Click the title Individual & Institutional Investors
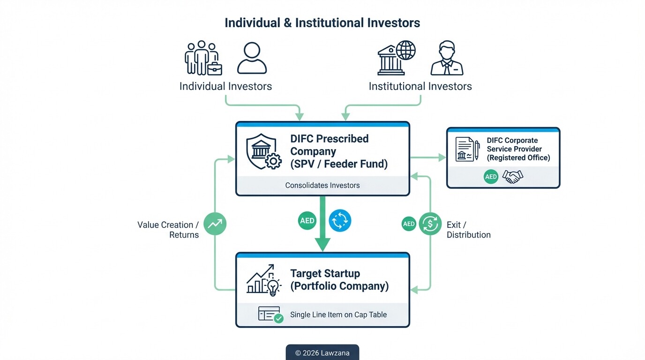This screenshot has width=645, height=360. pyautogui.click(x=322, y=23)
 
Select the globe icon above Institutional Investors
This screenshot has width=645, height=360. pyautogui.click(x=405, y=50)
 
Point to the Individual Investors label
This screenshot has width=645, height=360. pyautogui.click(x=225, y=86)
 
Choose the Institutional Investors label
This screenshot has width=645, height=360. pyautogui.click(x=420, y=86)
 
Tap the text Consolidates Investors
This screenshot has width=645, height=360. pyautogui.click(x=322, y=185)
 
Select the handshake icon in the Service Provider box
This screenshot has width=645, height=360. pyautogui.click(x=512, y=177)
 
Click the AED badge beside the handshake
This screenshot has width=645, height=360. pyautogui.click(x=491, y=177)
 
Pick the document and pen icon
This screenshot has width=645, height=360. pyautogui.click(x=467, y=150)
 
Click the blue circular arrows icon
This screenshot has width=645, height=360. pyautogui.click(x=340, y=220)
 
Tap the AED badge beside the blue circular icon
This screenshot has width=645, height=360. pyautogui.click(x=307, y=221)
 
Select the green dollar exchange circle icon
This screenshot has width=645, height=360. pyautogui.click(x=430, y=224)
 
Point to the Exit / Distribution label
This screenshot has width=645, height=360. pyautogui.click(x=468, y=230)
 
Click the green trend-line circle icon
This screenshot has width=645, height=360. pyautogui.click(x=215, y=224)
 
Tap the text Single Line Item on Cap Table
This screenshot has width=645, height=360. pyautogui.click(x=338, y=315)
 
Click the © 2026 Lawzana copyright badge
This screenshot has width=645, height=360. pyautogui.click(x=322, y=352)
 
